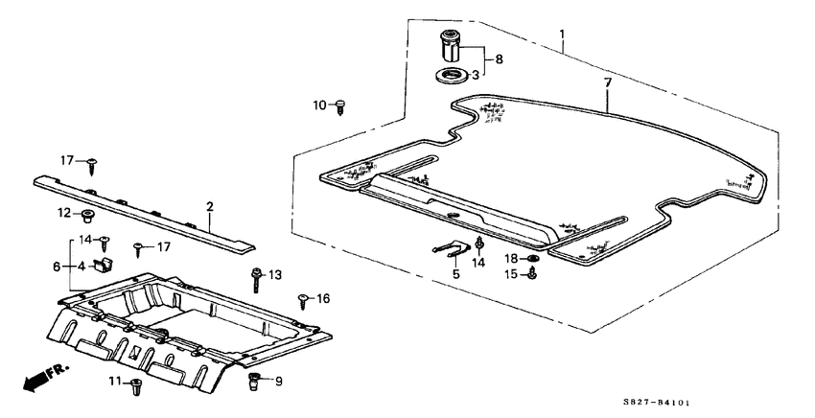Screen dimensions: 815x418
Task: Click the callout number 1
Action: (561, 35)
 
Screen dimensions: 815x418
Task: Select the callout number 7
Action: (608, 82)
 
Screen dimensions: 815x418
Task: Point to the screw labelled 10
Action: (341, 107)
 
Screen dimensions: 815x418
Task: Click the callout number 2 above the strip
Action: (209, 207)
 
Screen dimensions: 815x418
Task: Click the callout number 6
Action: (57, 267)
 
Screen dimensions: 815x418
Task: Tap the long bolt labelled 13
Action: (257, 281)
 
